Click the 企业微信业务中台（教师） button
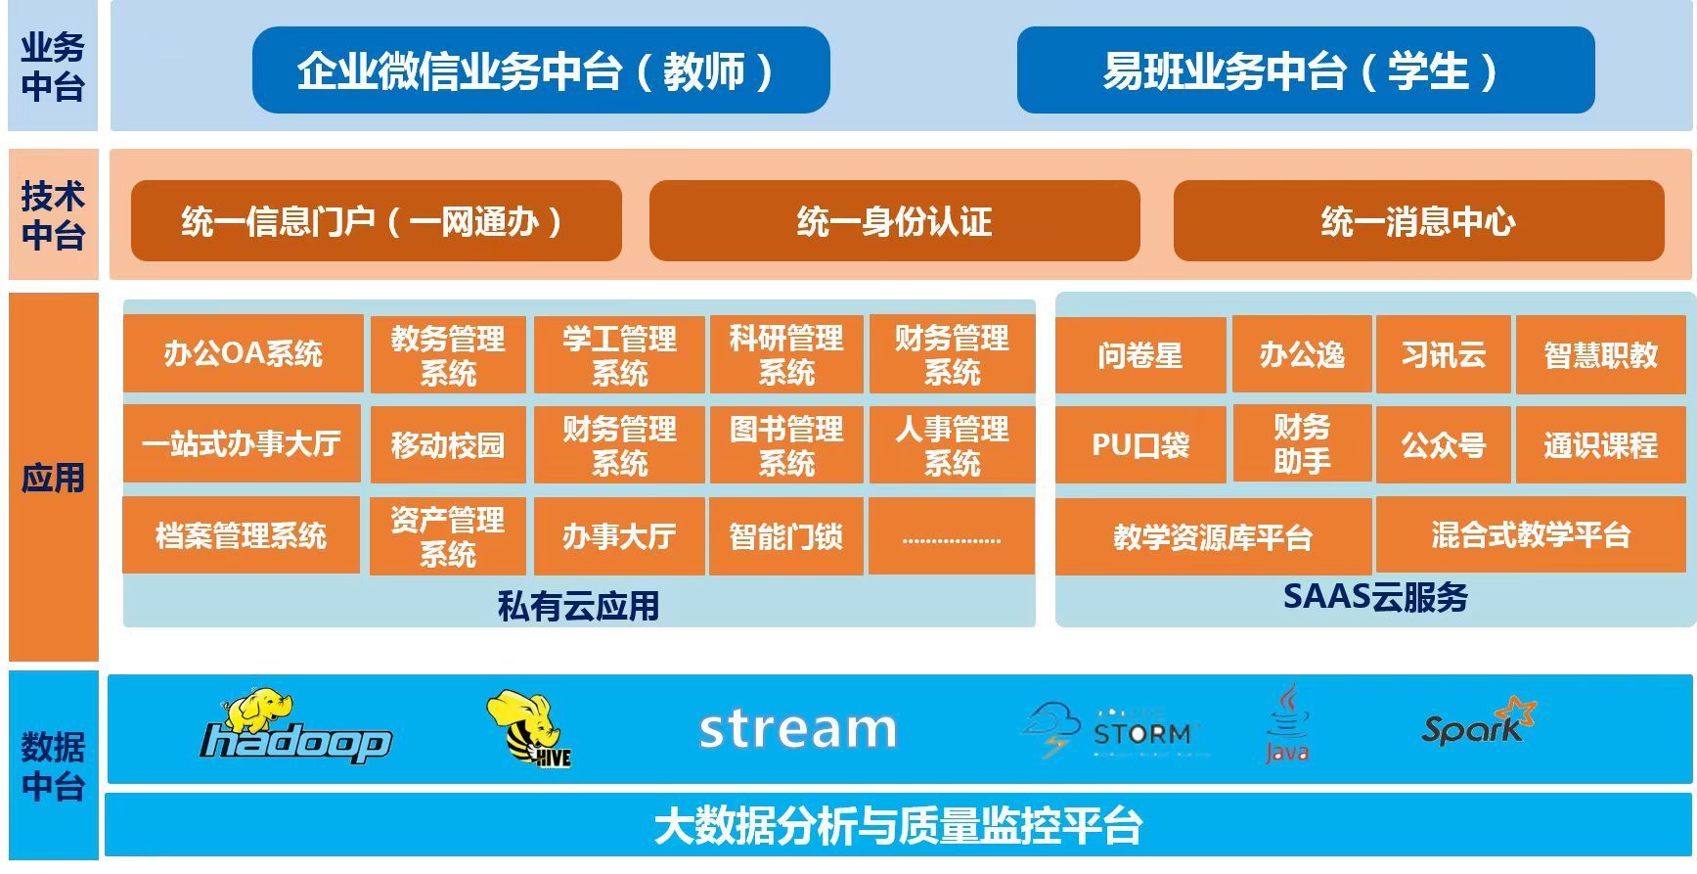[x=541, y=69]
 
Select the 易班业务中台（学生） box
[x=1306, y=69]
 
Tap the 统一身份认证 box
[x=894, y=221]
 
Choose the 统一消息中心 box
[x=1418, y=221]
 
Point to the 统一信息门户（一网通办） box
[x=377, y=221]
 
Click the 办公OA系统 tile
[x=243, y=353]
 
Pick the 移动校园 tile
[x=448, y=445]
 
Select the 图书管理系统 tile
[x=786, y=445]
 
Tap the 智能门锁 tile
[x=786, y=536]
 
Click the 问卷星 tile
[x=1140, y=355]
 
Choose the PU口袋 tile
[x=1140, y=445]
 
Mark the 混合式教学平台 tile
[x=1532, y=534]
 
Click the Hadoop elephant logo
[x=294, y=725]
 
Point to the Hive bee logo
[x=528, y=728]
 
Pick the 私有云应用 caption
[x=579, y=606]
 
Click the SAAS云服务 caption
[x=1375, y=596]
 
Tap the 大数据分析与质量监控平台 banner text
[x=898, y=825]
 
